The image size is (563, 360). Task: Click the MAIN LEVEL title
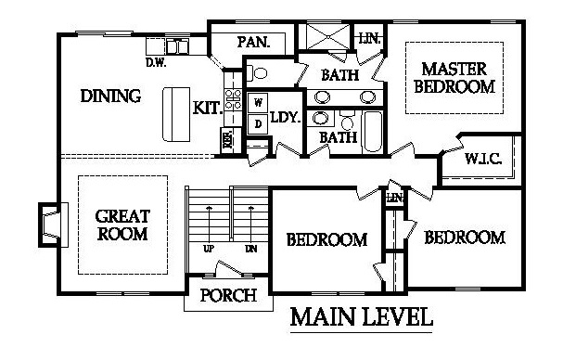tap(361, 317)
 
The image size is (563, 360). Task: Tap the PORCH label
tap(228, 295)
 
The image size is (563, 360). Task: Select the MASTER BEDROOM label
tap(454, 78)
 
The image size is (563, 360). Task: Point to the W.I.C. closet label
tap(483, 159)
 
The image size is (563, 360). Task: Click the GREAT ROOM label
tap(122, 225)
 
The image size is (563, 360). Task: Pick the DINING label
tap(110, 96)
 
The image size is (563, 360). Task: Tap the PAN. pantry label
tap(253, 43)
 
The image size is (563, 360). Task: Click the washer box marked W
tap(258, 103)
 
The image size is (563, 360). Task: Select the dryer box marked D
tap(258, 124)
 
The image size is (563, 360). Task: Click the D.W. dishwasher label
tap(156, 63)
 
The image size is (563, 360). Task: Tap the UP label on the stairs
tap(209, 249)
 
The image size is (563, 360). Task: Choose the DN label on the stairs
tap(251, 249)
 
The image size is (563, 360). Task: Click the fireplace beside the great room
tap(53, 225)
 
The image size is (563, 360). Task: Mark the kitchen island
tap(176, 114)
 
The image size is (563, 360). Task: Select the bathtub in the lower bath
tap(372, 132)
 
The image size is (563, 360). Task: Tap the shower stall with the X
tap(327, 36)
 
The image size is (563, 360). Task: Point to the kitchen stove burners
tap(233, 99)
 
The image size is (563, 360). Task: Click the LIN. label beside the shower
tap(369, 38)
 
